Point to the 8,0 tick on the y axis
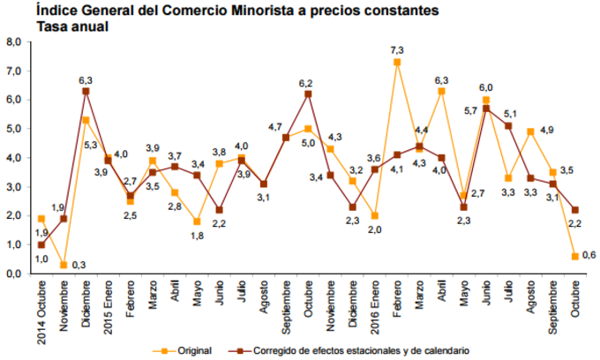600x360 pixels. pos(13,41)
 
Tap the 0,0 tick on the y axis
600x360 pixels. pos(13,274)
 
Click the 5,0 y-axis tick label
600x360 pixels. pos(13,129)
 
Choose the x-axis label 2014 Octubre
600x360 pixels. pos(41,312)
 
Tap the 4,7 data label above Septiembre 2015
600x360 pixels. pos(274,126)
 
